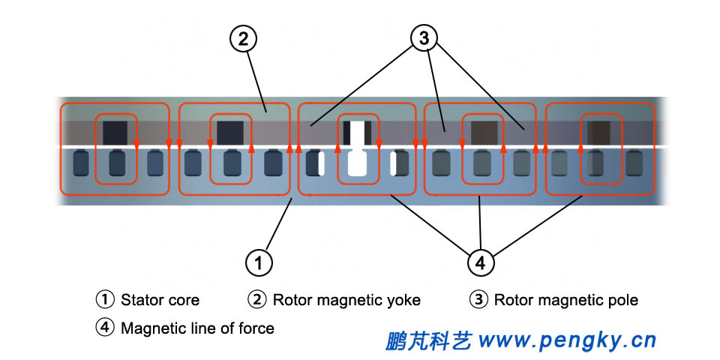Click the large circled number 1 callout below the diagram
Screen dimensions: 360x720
coord(259,262)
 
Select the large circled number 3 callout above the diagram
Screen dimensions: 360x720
coord(424,40)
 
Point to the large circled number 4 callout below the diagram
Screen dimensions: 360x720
coord(481,262)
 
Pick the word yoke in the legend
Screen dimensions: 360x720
coord(403,301)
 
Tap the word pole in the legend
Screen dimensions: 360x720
coord(622,301)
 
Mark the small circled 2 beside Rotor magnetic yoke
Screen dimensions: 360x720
coord(257,300)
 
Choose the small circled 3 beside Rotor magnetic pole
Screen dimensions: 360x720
coord(478,300)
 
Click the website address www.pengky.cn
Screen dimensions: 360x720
coord(567,341)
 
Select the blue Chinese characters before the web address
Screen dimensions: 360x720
coord(428,341)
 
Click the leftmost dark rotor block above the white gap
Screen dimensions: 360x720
coord(115,132)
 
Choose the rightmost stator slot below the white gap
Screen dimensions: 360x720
coord(634,163)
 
